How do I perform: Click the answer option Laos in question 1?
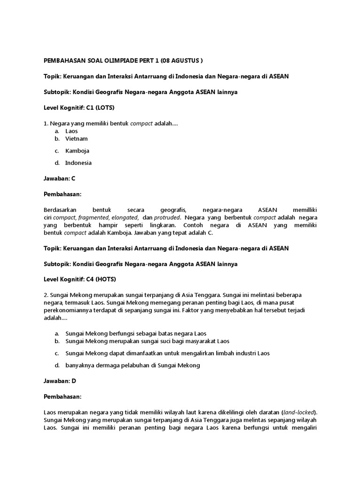pos(71,131)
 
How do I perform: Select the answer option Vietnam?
pos(76,139)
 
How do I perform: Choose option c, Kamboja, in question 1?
pos(77,151)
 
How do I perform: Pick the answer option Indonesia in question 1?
pos(78,163)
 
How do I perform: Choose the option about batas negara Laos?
pos(136,333)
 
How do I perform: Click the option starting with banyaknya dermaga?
pos(133,365)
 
